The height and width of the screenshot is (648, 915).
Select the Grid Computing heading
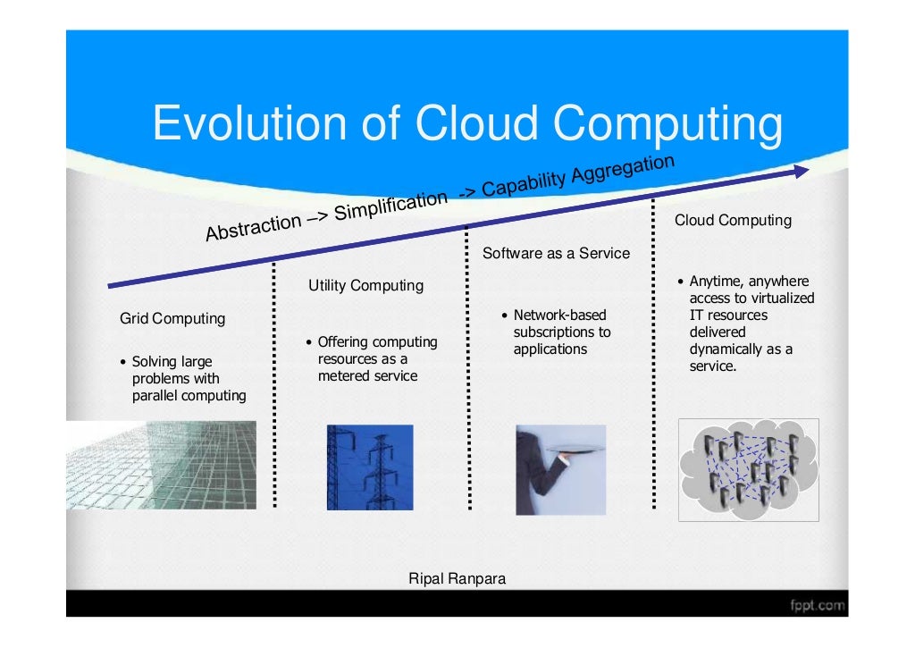point(172,319)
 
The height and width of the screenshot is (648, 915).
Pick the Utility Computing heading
point(365,286)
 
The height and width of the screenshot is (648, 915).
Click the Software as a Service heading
point(556,253)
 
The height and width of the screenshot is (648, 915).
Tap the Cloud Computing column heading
point(733,220)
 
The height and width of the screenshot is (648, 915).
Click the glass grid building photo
point(161,465)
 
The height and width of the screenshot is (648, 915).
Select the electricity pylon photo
point(370,467)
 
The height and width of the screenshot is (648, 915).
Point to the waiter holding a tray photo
point(559,469)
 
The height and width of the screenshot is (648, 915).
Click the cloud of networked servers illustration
point(748,469)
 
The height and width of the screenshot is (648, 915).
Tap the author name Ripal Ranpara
point(457,579)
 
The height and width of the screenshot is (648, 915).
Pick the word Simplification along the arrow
point(390,203)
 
